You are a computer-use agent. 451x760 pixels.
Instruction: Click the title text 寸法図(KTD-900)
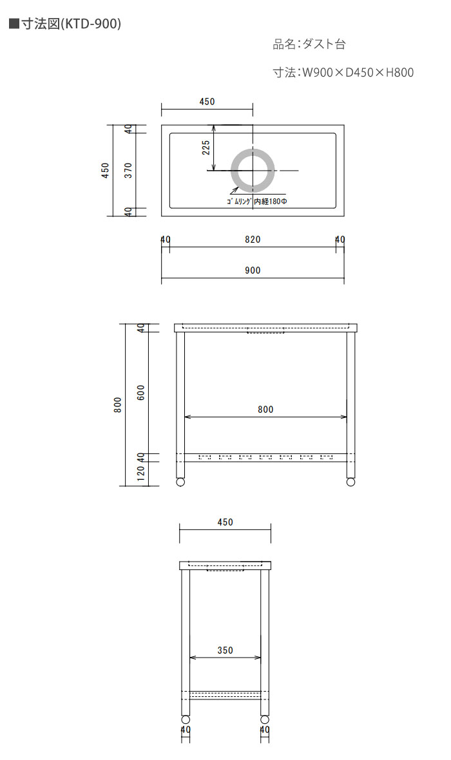pos(71,24)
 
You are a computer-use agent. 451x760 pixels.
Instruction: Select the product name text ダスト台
pos(324,44)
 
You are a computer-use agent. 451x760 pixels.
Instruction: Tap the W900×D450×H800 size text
pos(358,73)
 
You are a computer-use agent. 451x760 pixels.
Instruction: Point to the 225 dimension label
pos(206,148)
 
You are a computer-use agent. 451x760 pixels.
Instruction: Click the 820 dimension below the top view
pos(253,240)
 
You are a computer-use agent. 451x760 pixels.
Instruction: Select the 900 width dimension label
pos(253,271)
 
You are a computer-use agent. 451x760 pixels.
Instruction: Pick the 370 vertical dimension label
pos(128,170)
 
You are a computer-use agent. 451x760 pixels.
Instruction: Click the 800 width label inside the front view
pos(265,410)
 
